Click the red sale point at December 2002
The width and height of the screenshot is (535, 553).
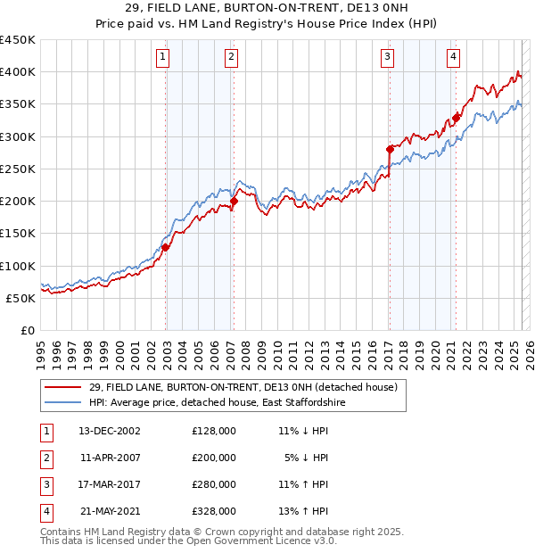coord(166,248)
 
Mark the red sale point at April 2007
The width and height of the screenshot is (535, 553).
coord(234,202)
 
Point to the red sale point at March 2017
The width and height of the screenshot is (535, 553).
coord(390,150)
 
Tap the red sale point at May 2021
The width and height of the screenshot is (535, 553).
coord(456,116)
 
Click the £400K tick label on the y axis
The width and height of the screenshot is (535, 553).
coord(18,72)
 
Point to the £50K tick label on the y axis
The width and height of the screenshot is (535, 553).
coord(21,298)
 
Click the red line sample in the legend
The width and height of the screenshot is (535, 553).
coord(64,387)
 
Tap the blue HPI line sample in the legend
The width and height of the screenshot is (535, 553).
coord(64,403)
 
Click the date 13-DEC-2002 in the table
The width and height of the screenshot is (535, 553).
coord(109,431)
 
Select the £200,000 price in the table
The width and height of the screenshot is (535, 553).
coord(214,458)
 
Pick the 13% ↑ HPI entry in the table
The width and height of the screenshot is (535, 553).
coord(303,511)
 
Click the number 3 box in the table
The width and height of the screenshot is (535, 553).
coord(45,484)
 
